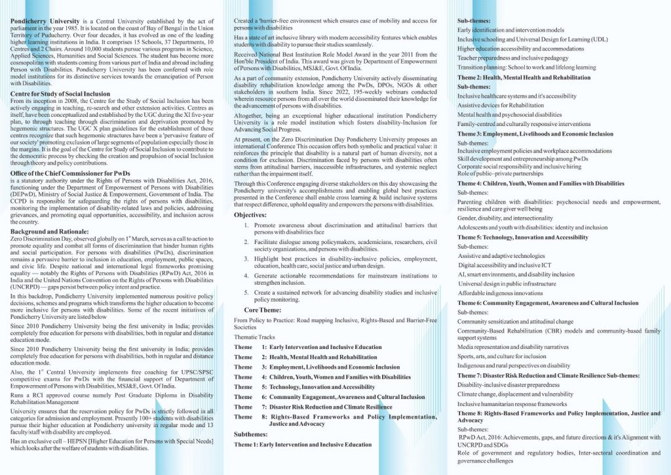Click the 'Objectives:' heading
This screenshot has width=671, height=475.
pos(250,215)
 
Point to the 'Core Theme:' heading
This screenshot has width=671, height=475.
pos(263,308)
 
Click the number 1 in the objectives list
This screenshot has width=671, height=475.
pos(245,226)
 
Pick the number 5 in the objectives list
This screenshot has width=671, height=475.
pos(245,291)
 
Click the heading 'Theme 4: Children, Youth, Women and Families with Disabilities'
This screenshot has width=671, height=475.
pos(541,184)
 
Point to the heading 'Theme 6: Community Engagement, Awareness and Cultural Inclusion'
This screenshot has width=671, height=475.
pos(548,303)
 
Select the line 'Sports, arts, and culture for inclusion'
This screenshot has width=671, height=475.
pos(501,356)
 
